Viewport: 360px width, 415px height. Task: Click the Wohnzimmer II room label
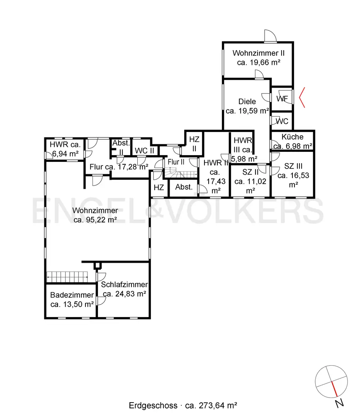(x=258, y=53)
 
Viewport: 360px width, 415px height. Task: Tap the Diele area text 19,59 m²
(x=247, y=111)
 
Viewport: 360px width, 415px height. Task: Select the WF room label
(x=282, y=99)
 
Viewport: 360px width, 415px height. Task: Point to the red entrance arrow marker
(x=302, y=97)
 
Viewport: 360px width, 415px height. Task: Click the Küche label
(x=292, y=137)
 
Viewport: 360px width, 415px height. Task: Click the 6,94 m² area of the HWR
(x=65, y=154)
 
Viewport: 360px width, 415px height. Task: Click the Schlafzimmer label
(x=124, y=285)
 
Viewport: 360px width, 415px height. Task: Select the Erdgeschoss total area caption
(x=183, y=405)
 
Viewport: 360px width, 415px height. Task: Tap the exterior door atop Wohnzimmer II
(x=270, y=37)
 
